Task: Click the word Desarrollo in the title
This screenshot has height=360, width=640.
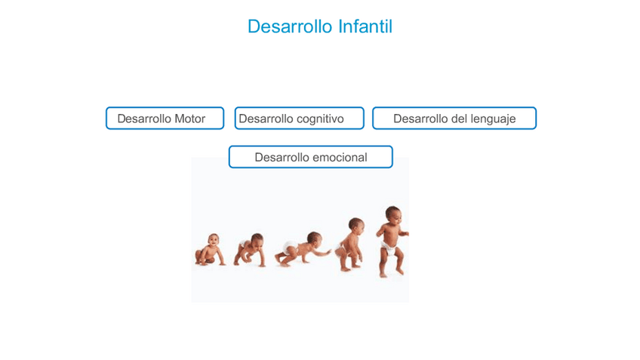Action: [291, 26]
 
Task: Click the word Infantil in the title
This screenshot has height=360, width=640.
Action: [365, 26]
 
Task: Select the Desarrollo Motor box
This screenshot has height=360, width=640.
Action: [165, 118]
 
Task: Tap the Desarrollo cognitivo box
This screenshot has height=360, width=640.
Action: [299, 118]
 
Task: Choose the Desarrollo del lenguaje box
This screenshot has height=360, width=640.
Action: [454, 118]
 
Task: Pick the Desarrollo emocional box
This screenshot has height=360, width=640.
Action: [311, 157]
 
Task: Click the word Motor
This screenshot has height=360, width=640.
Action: [189, 118]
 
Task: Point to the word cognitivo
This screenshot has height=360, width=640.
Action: [320, 119]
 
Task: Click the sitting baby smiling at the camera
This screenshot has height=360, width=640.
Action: [210, 250]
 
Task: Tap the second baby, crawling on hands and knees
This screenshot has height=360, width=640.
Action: [250, 250]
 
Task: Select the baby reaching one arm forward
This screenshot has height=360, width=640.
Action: [302, 249]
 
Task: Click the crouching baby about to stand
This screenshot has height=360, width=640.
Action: [349, 244]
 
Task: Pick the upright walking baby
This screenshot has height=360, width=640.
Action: [392, 242]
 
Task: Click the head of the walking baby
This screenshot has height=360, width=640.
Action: [392, 214]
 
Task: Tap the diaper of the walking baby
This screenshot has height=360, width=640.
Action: [388, 248]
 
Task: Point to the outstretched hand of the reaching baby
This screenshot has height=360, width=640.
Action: [328, 253]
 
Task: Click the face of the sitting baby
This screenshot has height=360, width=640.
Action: [213, 241]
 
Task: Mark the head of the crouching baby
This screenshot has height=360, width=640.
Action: [356, 226]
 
